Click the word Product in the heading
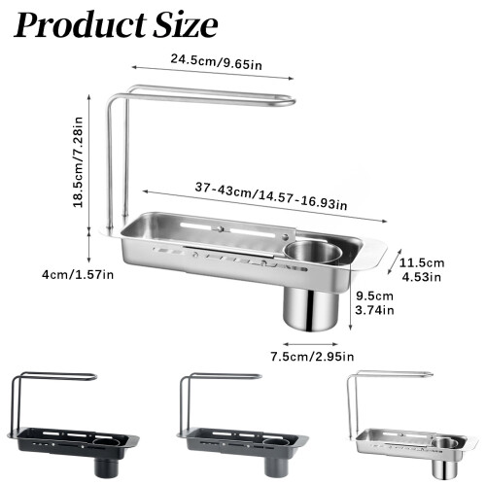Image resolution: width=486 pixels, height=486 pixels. click(x=81, y=25)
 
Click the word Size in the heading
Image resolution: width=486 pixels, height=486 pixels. click(x=186, y=25)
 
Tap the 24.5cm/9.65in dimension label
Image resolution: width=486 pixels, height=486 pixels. click(x=217, y=62)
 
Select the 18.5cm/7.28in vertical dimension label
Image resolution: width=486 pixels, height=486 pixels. click(x=78, y=162)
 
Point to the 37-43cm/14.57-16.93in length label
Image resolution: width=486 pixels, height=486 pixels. click(x=271, y=196)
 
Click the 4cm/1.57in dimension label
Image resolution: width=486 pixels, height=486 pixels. click(x=78, y=275)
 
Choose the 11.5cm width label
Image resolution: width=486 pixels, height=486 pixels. click(x=422, y=262)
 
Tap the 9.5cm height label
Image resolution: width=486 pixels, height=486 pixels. click(x=374, y=295)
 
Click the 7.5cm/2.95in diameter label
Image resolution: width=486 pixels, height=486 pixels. click(x=312, y=357)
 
